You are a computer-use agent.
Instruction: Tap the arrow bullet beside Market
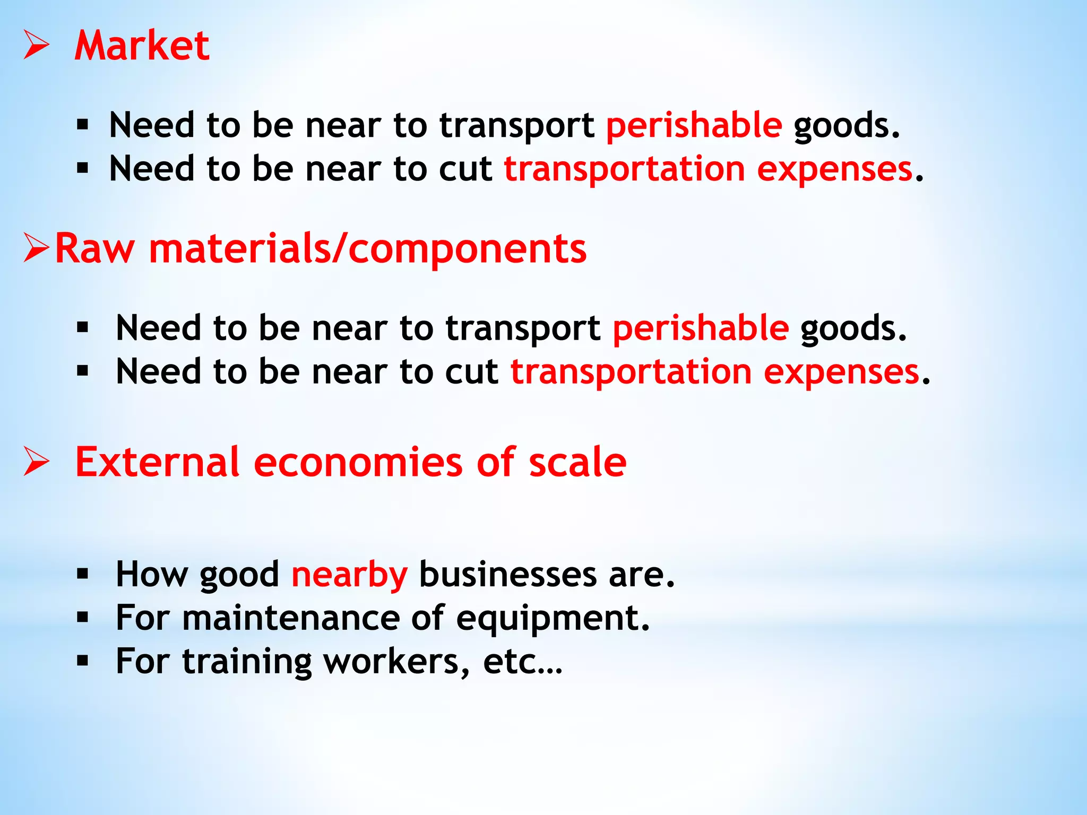coord(37,45)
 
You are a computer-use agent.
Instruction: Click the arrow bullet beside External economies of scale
coord(37,462)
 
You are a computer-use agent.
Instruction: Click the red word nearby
coord(349,575)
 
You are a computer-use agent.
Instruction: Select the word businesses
coord(508,575)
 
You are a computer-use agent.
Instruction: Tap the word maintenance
coord(291,618)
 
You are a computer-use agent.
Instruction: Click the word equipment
coord(553,619)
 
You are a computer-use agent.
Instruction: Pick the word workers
coord(396,662)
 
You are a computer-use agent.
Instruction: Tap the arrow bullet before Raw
coord(37,248)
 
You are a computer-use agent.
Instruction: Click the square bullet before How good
coord(82,574)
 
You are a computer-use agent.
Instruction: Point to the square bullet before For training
coord(82,661)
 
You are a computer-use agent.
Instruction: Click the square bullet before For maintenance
coord(82,617)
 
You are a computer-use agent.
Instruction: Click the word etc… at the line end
coord(522,662)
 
